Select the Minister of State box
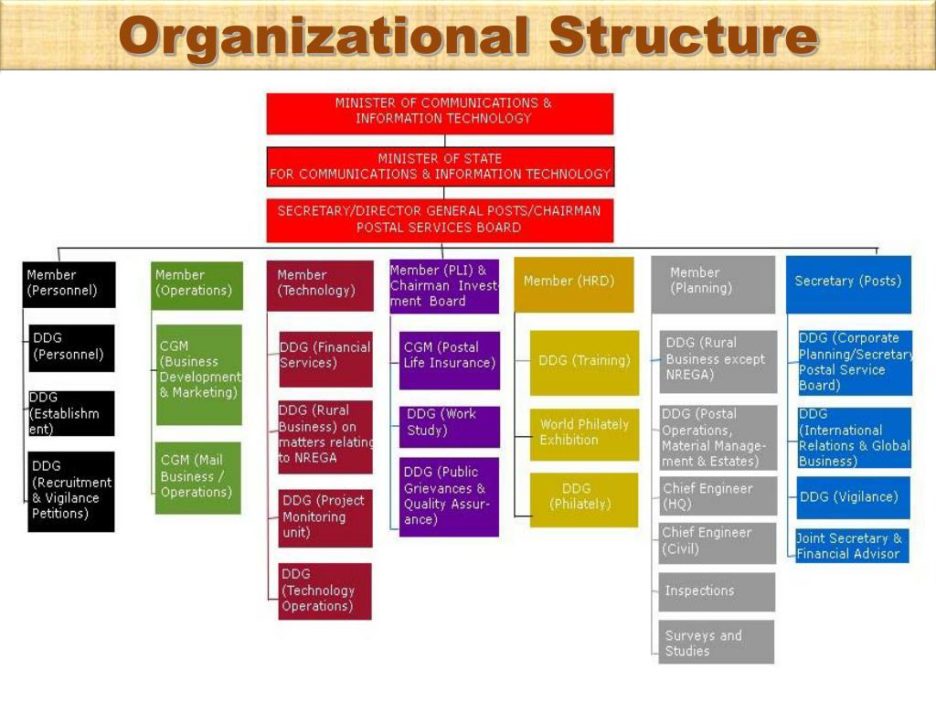click(440, 166)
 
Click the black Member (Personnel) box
click(69, 284)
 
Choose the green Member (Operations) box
click(197, 285)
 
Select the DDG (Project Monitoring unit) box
click(325, 517)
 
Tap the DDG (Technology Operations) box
click(325, 590)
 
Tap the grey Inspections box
click(717, 591)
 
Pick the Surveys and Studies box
click(717, 643)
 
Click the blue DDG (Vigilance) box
click(854, 497)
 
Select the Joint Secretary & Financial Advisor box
click(852, 546)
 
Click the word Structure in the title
click(683, 37)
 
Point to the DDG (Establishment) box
click(71, 413)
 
